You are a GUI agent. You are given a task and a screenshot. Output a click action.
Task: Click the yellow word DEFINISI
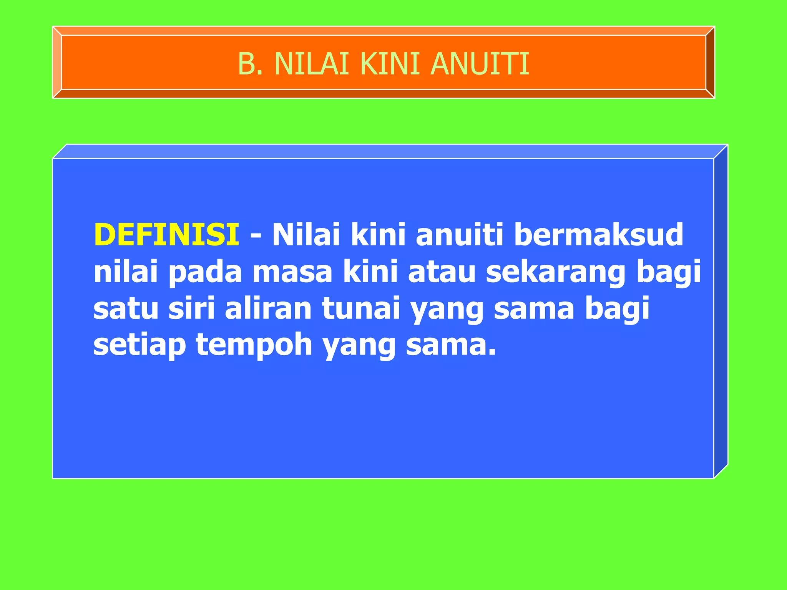point(166,235)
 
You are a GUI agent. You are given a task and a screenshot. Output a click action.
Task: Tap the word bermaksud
point(599,235)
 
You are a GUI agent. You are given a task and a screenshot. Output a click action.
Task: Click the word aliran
point(268,308)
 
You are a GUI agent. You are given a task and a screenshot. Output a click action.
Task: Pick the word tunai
point(361,308)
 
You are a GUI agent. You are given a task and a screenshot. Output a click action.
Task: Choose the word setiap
point(139,345)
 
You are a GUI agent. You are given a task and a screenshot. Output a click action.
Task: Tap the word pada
point(205,272)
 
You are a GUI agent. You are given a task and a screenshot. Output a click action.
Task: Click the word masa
point(292,272)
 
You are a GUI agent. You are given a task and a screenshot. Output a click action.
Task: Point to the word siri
point(191,308)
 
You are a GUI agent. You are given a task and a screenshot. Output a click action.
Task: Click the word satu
point(126,308)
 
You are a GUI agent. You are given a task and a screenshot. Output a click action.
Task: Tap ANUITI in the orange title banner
point(480,64)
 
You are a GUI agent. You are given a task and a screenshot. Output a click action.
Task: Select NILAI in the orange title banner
point(312,64)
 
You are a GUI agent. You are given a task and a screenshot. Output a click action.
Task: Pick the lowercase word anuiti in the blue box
point(460,235)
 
